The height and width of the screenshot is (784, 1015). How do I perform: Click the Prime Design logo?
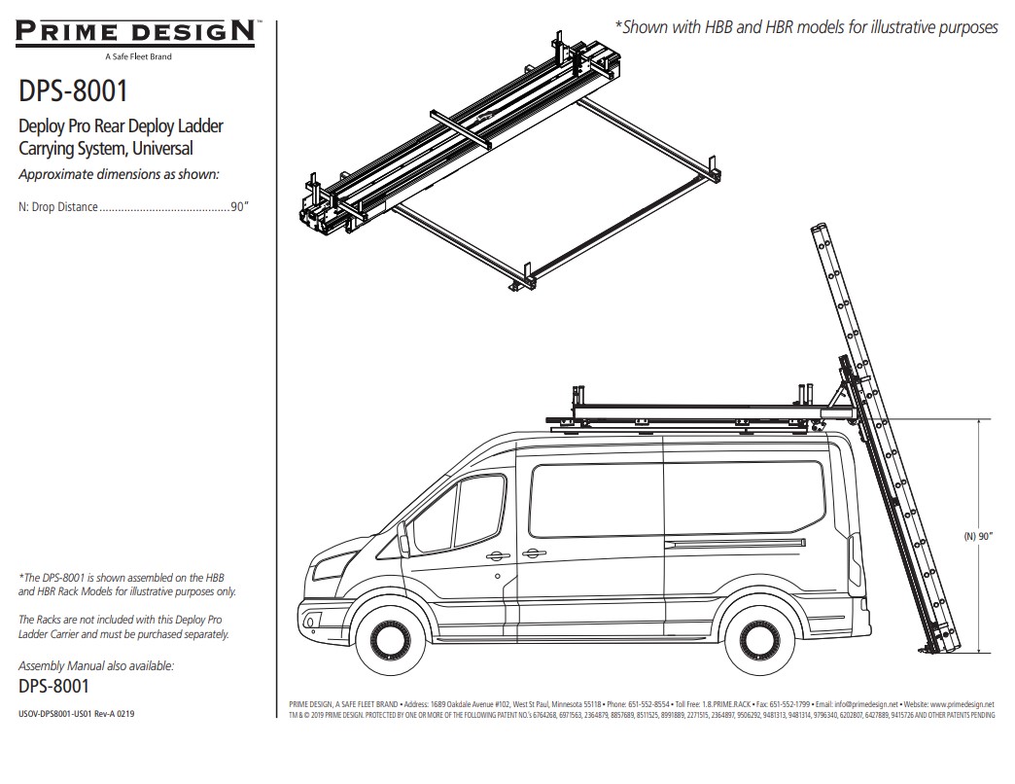click(136, 32)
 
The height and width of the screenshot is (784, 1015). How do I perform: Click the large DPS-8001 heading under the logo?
click(73, 91)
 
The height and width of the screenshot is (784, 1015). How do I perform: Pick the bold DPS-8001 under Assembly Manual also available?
click(54, 686)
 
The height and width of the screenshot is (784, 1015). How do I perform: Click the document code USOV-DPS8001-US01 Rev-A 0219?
click(77, 714)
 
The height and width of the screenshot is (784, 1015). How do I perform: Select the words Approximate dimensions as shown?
click(119, 174)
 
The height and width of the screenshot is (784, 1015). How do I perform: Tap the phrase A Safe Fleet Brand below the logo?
click(137, 56)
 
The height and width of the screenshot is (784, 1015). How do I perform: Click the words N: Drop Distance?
click(58, 207)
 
